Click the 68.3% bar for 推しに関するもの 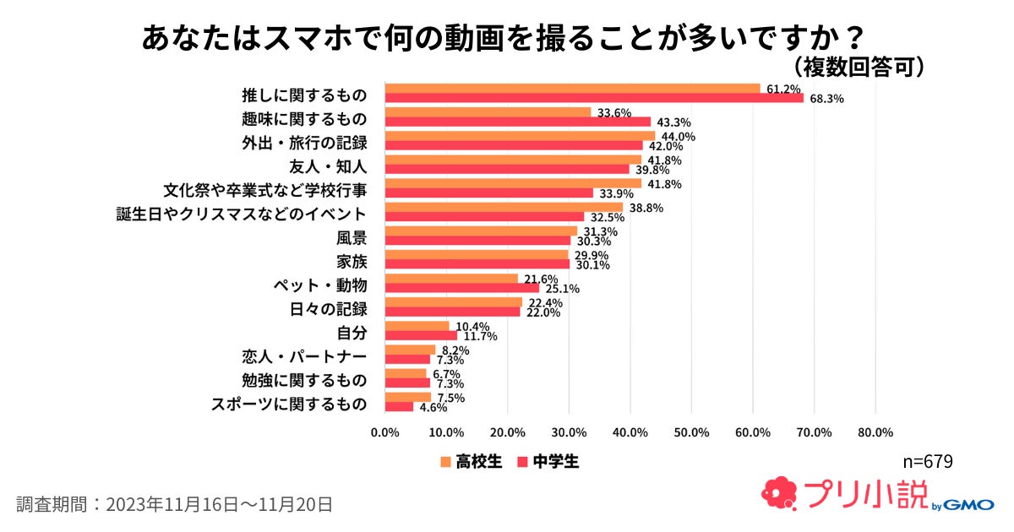pyautogui.click(x=594, y=98)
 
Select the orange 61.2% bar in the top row pyautogui.click(x=572, y=88)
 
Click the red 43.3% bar pyautogui.click(x=517, y=122)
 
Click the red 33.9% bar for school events pyautogui.click(x=488, y=193)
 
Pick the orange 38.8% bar pyautogui.click(x=504, y=207)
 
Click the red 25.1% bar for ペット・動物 pyautogui.click(x=461, y=288)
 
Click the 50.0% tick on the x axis pyautogui.click(x=691, y=432)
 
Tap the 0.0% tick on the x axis pyautogui.click(x=385, y=432)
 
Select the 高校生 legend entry pyautogui.click(x=471, y=461)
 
